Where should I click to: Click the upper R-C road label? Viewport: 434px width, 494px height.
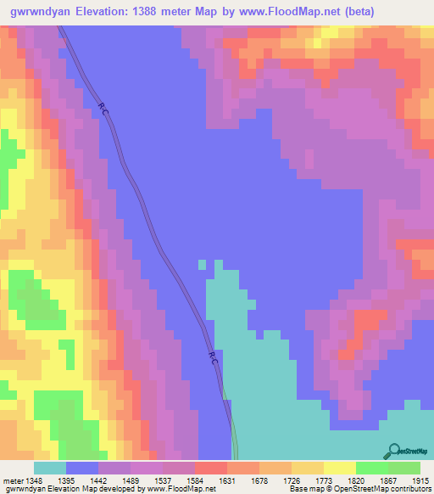pyautogui.click(x=103, y=108)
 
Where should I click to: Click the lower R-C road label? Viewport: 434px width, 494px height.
pyautogui.click(x=214, y=359)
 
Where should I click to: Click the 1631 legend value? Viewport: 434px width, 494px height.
pyautogui.click(x=250, y=480)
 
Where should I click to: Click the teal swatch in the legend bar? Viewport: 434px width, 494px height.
pyautogui.click(x=50, y=468)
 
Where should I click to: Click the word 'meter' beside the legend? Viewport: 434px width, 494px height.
pyautogui.click(x=10, y=480)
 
